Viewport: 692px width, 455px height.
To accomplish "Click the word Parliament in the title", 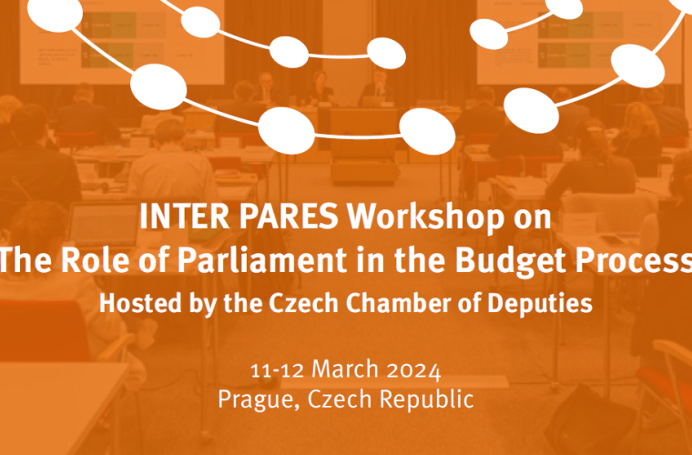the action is click(x=262, y=259).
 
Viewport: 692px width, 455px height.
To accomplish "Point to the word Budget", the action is click(x=512, y=261).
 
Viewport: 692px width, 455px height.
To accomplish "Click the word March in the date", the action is click(x=345, y=369).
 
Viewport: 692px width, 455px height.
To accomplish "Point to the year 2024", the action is click(x=413, y=370).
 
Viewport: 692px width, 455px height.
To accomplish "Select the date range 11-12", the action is click(x=278, y=370).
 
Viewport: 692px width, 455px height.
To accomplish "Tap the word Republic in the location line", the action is click(x=426, y=399).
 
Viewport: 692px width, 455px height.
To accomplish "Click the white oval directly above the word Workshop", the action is click(x=427, y=131).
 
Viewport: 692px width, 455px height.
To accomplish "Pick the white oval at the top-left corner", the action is click(x=56, y=15).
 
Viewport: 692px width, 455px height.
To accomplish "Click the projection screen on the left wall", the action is click(x=122, y=42).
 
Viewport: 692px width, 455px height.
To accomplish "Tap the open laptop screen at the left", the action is click(x=104, y=224).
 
